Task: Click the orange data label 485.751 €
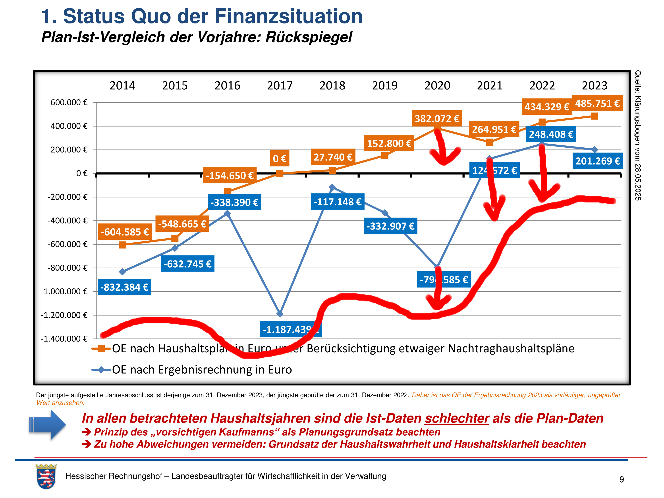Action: (597, 103)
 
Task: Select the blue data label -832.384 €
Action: (124, 287)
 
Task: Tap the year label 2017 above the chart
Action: (280, 86)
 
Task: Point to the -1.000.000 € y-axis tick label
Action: (64, 291)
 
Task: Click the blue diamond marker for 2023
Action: (594, 149)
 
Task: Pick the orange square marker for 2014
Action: (122, 245)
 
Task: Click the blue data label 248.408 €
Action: (551, 134)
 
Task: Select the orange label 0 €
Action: (280, 158)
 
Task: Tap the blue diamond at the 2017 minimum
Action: (280, 314)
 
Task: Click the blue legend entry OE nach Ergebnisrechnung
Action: (202, 370)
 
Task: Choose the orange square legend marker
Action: (101, 349)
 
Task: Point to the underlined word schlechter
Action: (457, 418)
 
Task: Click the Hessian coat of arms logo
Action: (46, 476)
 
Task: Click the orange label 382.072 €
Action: (437, 119)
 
